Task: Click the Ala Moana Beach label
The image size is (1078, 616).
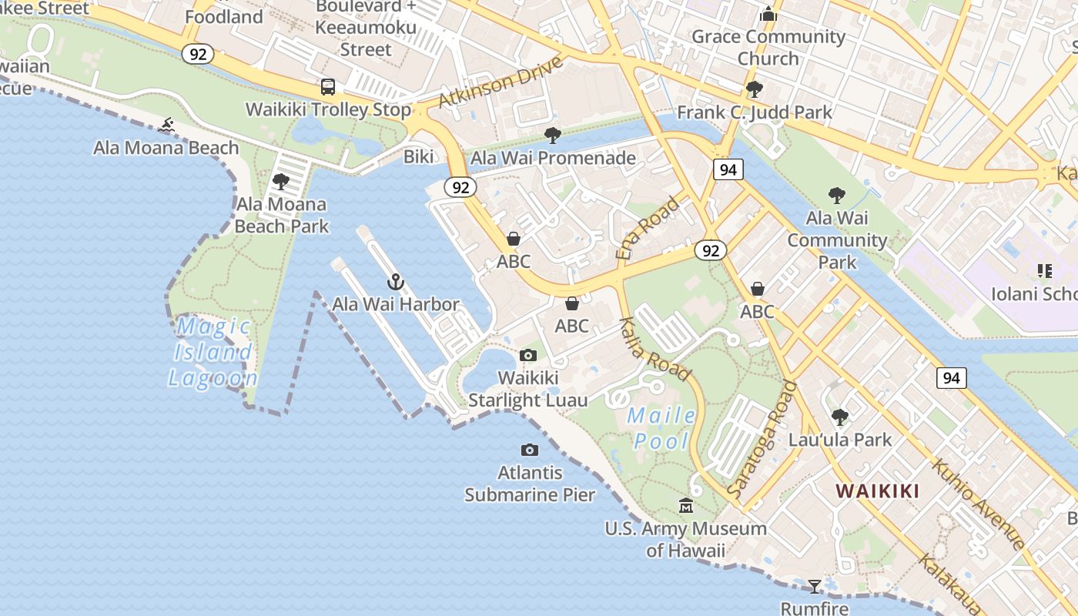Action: click(x=166, y=147)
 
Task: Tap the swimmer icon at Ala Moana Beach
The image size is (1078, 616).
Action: click(x=167, y=125)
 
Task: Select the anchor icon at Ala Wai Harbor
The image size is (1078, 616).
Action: click(x=396, y=282)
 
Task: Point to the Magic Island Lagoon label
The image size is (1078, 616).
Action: click(x=212, y=353)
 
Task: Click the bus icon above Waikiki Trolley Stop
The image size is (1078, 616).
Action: click(x=328, y=87)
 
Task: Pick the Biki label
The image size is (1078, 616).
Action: click(x=419, y=157)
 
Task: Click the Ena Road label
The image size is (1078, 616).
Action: click(x=648, y=227)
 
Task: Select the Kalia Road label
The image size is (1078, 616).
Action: click(x=654, y=349)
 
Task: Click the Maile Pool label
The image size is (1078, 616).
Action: click(x=661, y=428)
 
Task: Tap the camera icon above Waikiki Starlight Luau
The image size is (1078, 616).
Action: click(x=528, y=355)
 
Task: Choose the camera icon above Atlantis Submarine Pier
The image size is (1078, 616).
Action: click(x=530, y=450)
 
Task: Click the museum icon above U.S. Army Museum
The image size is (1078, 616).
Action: click(x=685, y=506)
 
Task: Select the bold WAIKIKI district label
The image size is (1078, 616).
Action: click(x=877, y=490)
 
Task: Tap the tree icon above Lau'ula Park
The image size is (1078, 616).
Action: click(x=839, y=417)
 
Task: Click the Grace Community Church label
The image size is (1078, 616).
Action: click(x=768, y=47)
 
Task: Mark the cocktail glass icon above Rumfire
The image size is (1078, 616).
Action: click(x=815, y=587)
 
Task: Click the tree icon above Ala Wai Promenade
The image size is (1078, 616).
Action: click(x=552, y=136)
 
